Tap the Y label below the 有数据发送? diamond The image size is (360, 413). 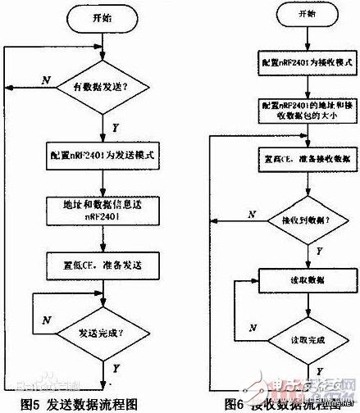115,127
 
